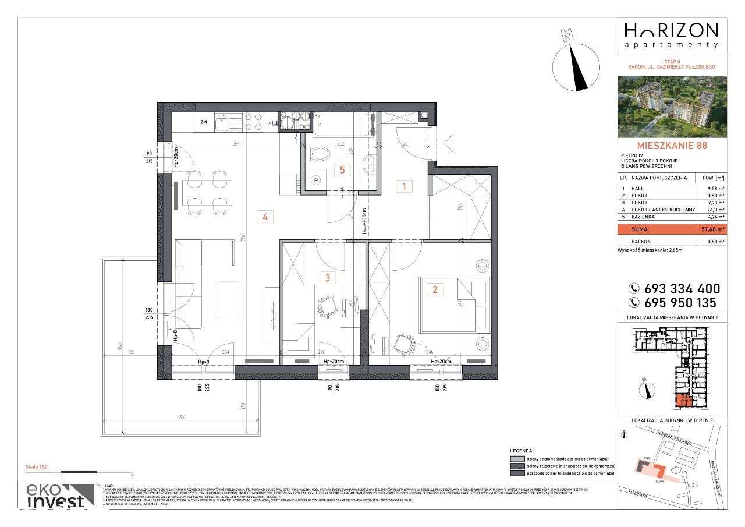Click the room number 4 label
pyautogui.click(x=265, y=217)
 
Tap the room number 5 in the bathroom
pyautogui.click(x=343, y=170)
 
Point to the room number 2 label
pyautogui.click(x=434, y=289)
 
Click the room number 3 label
pyautogui.click(x=328, y=278)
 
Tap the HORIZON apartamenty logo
pyautogui.click(x=671, y=34)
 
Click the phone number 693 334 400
pyautogui.click(x=682, y=288)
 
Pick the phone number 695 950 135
pyautogui.click(x=682, y=303)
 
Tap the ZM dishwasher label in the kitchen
pyautogui.click(x=204, y=122)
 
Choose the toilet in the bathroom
pyautogui.click(x=319, y=155)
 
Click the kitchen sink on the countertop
pyautogui.click(x=223, y=123)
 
